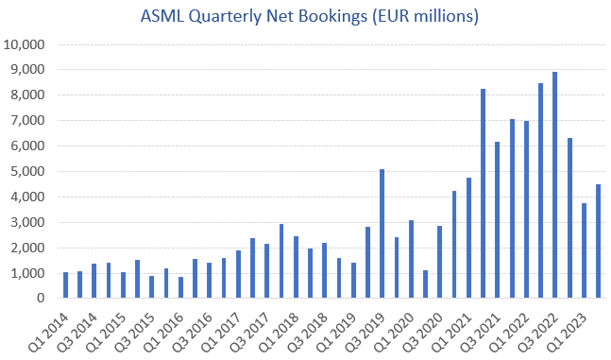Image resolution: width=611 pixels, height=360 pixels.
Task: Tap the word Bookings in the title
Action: click(338, 17)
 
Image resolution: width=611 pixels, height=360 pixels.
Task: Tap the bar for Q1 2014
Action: click(66, 285)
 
